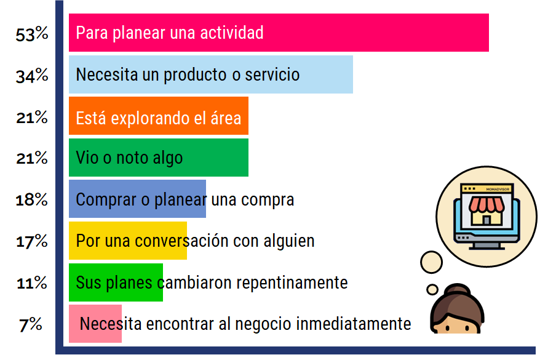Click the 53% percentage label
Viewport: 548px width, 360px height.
pyautogui.click(x=32, y=34)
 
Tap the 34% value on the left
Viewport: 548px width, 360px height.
pyautogui.click(x=32, y=76)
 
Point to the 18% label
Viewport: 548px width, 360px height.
pyautogui.click(x=32, y=200)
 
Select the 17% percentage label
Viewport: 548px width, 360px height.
pyautogui.click(x=32, y=241)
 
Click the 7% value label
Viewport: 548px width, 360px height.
pyautogui.click(x=31, y=325)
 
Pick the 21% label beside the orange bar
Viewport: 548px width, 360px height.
pyautogui.click(x=32, y=117)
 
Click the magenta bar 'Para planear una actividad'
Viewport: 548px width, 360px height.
pyautogui.click(x=279, y=33)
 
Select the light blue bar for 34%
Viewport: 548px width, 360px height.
pyautogui.click(x=211, y=74)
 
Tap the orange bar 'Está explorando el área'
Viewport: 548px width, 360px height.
pyautogui.click(x=159, y=116)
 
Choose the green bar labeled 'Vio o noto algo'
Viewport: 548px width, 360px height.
pyautogui.click(x=159, y=158)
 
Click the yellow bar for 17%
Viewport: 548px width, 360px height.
pyautogui.click(x=128, y=241)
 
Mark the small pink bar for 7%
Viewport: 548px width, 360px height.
pyautogui.click(x=95, y=324)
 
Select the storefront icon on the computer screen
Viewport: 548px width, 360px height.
pyautogui.click(x=486, y=210)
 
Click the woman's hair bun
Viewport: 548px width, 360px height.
pyautogui.click(x=457, y=290)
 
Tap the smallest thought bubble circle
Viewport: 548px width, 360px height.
pyautogui.click(x=432, y=289)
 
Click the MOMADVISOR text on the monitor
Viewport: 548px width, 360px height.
pyautogui.click(x=498, y=190)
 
